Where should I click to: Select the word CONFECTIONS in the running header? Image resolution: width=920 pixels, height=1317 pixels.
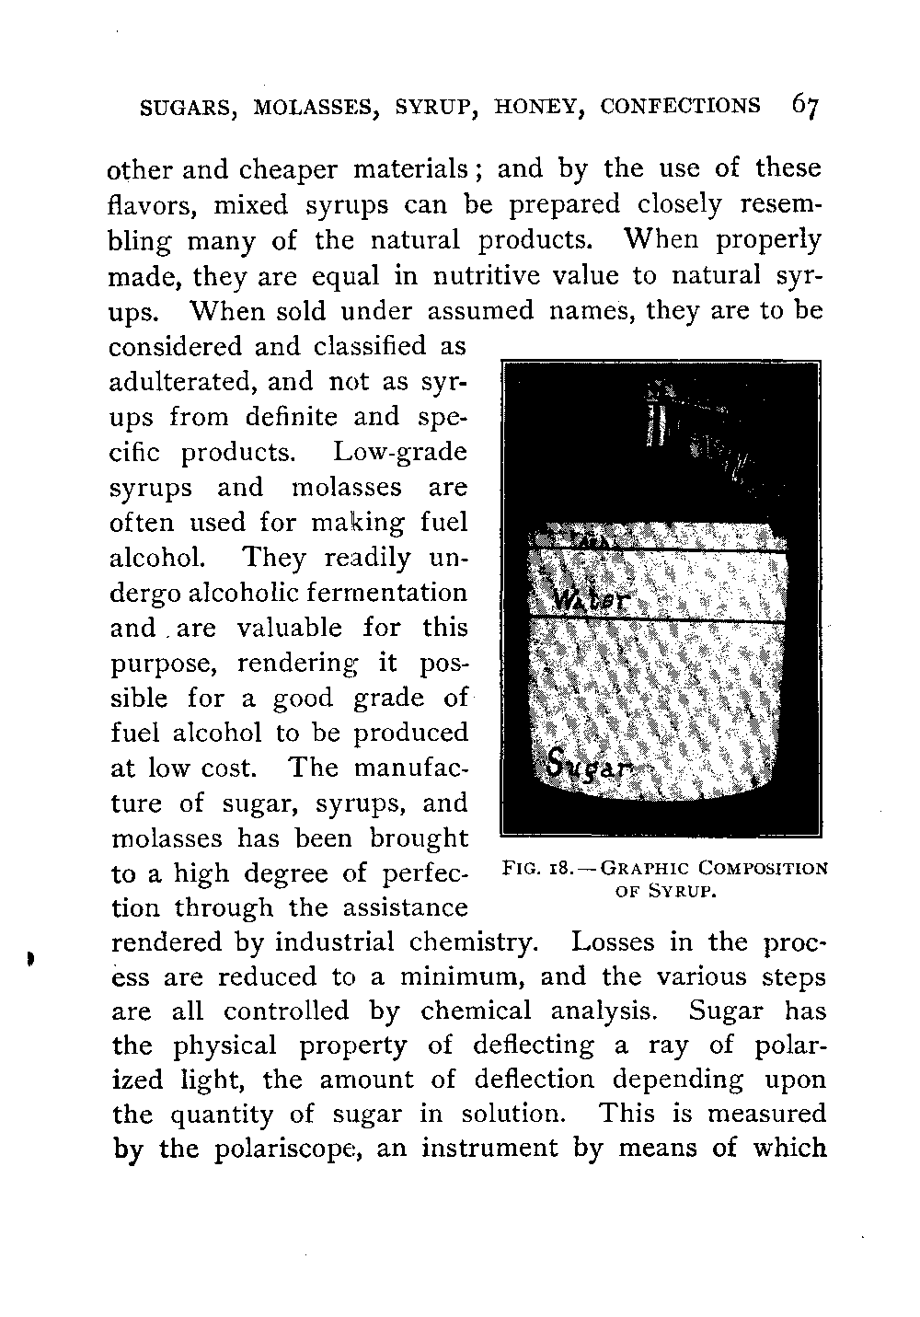click(x=681, y=107)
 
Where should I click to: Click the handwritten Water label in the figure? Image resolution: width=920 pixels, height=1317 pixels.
click(x=589, y=601)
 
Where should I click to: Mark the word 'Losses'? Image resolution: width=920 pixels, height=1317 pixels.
click(x=614, y=942)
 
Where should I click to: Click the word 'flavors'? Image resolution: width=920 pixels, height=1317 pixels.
click(x=147, y=204)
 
